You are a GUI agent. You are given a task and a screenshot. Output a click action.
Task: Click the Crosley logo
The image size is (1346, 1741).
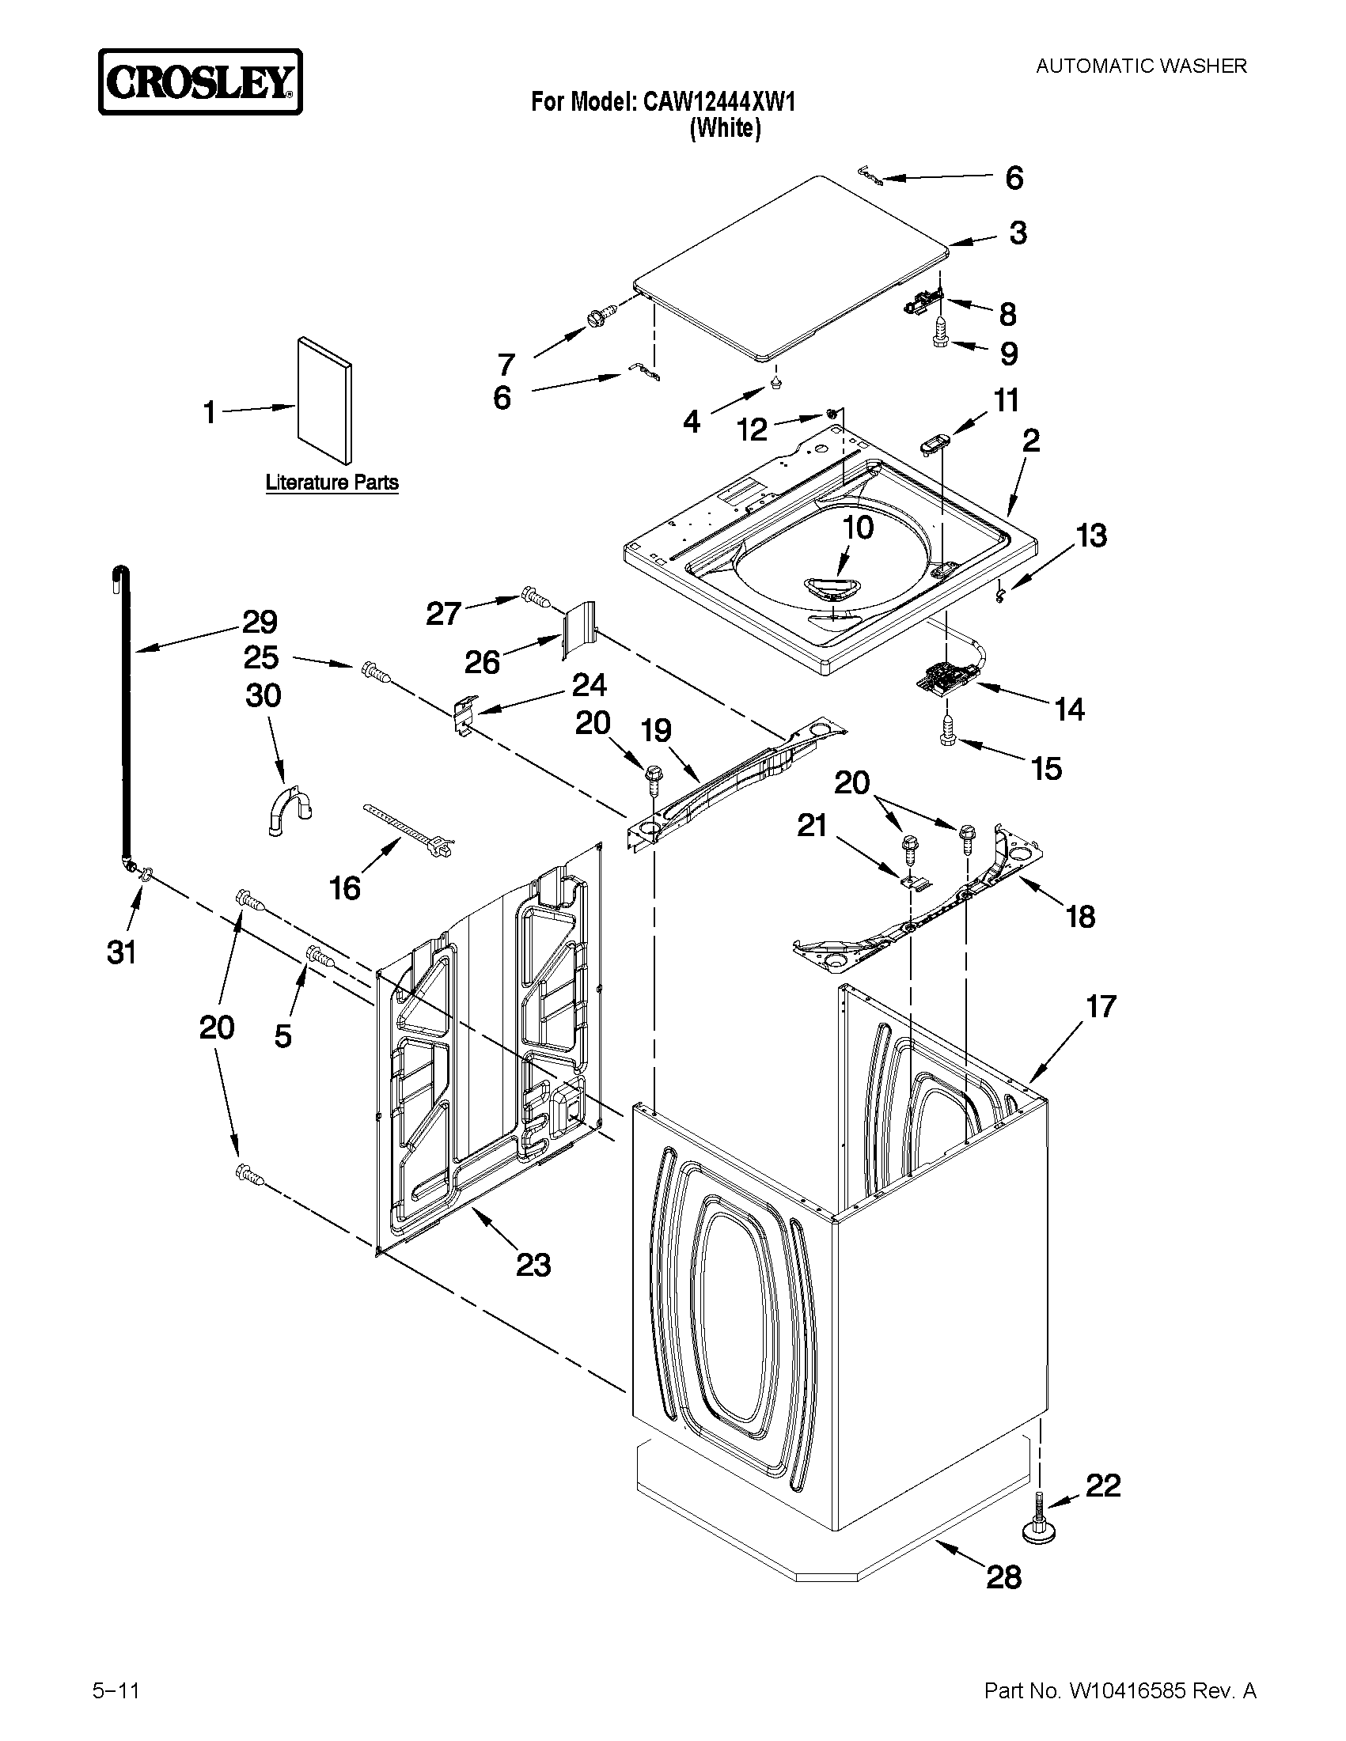(x=200, y=82)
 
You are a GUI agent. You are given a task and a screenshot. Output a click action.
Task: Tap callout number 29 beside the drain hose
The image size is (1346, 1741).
(x=260, y=622)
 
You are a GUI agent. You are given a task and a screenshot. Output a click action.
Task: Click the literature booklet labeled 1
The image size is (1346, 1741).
(x=323, y=401)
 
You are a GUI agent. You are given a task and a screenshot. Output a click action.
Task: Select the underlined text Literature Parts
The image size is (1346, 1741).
(x=332, y=483)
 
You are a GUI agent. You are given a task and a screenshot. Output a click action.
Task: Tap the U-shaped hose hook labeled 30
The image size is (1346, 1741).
(x=287, y=809)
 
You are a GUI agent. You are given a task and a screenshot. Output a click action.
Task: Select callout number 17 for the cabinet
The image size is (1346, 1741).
(x=1101, y=1007)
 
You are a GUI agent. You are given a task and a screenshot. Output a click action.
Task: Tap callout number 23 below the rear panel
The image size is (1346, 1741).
(x=533, y=1264)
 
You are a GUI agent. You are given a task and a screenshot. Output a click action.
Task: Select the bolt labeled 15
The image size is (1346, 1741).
(x=947, y=731)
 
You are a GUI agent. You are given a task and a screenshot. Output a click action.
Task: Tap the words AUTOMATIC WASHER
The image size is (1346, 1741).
(x=1141, y=66)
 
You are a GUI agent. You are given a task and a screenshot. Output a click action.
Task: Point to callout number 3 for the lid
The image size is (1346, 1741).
(x=1018, y=233)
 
